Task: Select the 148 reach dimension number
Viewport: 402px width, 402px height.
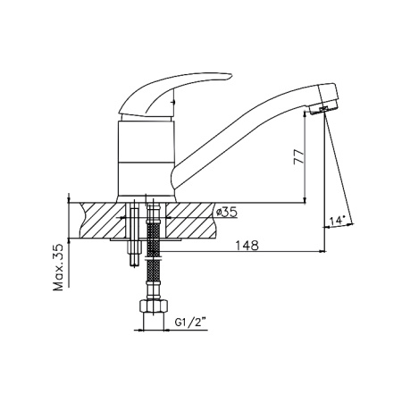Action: pos(247,247)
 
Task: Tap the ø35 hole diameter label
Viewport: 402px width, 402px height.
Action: pos(227,213)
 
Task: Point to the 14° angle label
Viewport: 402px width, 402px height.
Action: pos(337,218)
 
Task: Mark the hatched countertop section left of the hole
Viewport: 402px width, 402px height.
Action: pos(101,219)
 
